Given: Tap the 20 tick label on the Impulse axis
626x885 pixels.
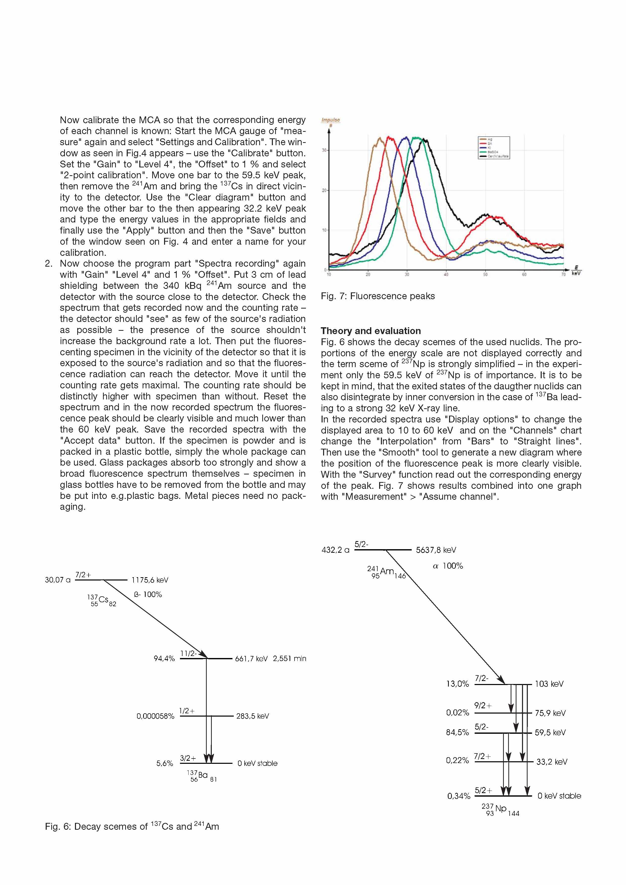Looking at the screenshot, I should click(325, 190).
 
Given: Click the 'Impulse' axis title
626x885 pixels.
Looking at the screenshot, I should click(330, 120).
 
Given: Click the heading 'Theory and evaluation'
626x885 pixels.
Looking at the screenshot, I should click(371, 331).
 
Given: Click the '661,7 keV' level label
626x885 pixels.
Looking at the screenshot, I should click(251, 659).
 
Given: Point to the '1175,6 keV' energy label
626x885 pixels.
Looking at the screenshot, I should click(150, 580).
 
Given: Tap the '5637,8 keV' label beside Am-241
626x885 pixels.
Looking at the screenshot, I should click(436, 550).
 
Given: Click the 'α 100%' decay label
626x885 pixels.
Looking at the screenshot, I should click(448, 566).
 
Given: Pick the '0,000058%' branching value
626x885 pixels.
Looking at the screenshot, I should click(155, 716).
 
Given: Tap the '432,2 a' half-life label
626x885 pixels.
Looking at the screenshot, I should click(335, 550).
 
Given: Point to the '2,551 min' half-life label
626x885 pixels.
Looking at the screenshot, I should click(289, 659).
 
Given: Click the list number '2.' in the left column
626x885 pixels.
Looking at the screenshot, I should click(48, 264).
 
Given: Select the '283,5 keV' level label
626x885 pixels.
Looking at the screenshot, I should click(252, 716).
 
